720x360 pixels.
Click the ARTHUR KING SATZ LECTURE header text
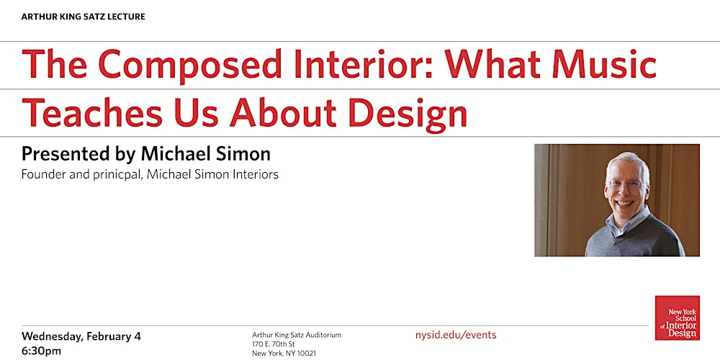(x=83, y=17)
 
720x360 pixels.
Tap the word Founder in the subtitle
(x=42, y=174)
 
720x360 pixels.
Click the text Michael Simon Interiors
(x=212, y=174)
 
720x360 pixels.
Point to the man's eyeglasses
(x=626, y=183)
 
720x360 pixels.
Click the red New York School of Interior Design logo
(x=677, y=318)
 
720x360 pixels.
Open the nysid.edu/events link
(x=456, y=335)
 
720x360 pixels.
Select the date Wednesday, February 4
(x=81, y=336)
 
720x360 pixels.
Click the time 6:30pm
(x=41, y=351)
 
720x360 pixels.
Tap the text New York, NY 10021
(x=284, y=354)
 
